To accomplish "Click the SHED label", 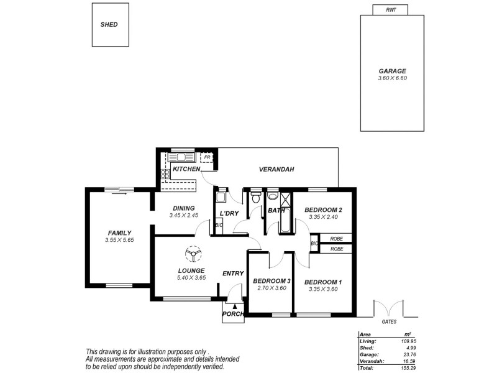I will [x=109, y=25].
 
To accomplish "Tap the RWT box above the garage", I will [x=391, y=10].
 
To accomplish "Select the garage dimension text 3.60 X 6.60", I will [x=392, y=78].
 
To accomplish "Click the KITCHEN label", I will [x=186, y=169].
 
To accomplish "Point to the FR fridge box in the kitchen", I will [x=207, y=158].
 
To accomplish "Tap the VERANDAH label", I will [x=276, y=169].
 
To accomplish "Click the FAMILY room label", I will [x=119, y=233].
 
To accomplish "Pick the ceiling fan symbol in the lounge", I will [x=193, y=254].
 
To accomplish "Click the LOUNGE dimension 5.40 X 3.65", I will [x=191, y=278].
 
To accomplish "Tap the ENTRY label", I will [x=232, y=274].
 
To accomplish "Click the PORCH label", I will [x=234, y=313].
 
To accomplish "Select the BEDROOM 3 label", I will [x=271, y=281].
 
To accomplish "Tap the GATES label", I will [x=389, y=323].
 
